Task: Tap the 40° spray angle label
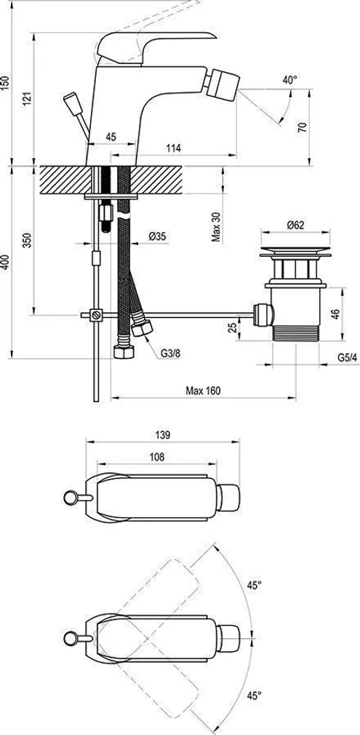(290, 80)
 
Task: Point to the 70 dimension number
(303, 127)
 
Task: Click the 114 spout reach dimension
(172, 148)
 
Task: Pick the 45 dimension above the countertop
(111, 136)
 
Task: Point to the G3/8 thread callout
(171, 354)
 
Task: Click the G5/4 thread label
(347, 357)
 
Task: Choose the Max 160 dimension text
(203, 391)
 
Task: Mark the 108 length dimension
(158, 457)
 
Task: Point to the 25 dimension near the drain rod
(231, 327)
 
